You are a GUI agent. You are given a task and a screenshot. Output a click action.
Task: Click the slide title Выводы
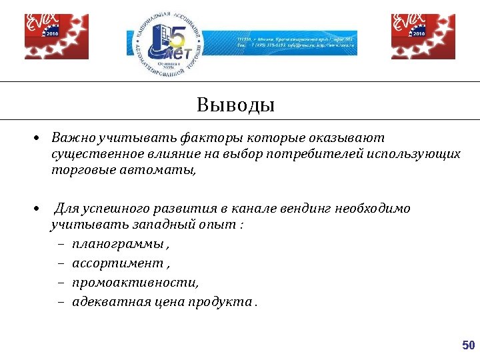[235, 105]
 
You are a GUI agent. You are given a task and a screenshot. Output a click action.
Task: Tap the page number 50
[468, 345]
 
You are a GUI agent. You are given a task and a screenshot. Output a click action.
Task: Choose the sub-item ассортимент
[117, 263]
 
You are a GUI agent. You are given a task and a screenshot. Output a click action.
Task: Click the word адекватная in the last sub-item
[109, 301]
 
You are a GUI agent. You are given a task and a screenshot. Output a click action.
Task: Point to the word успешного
[113, 208]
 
